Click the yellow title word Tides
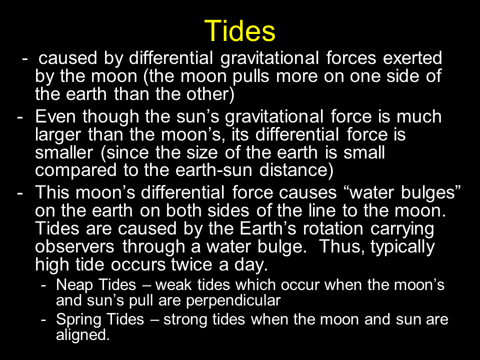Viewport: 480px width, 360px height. click(x=239, y=30)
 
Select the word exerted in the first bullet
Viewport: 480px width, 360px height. click(x=412, y=58)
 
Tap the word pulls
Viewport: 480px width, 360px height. click(x=250, y=76)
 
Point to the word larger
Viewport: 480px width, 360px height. click(x=58, y=135)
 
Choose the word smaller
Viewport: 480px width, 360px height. click(x=63, y=152)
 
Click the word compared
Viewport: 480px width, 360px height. click(x=75, y=171)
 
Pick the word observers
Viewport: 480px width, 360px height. click(x=74, y=246)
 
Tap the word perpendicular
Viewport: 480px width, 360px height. click(x=233, y=300)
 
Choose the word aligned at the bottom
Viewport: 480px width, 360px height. click(x=82, y=335)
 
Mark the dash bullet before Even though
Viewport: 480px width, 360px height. click(x=20, y=117)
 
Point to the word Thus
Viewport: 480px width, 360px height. click(x=342, y=246)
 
